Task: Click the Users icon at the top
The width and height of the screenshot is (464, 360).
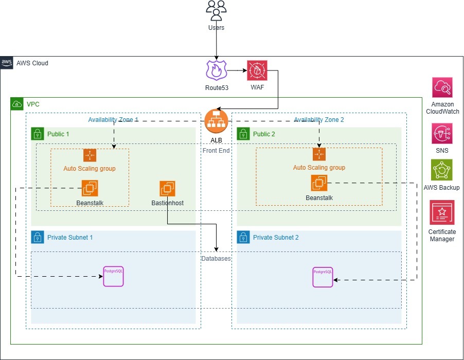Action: coord(216,11)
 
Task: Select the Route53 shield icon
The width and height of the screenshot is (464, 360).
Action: coord(216,70)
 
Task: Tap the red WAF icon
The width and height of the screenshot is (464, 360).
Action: coord(257,70)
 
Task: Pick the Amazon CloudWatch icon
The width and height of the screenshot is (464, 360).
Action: coord(442,87)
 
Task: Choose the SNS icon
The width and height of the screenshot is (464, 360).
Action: coord(442,134)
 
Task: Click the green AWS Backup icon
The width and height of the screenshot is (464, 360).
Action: coord(442,170)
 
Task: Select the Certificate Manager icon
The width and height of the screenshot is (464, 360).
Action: coord(442,212)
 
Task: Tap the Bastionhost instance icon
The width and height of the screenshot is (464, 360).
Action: coord(168,189)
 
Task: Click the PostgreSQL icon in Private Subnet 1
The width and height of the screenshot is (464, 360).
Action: coord(113,276)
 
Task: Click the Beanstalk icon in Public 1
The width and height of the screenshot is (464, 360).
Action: coord(90,188)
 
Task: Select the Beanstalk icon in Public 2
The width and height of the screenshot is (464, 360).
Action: coord(319,183)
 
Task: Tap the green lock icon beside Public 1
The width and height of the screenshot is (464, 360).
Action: coord(38,134)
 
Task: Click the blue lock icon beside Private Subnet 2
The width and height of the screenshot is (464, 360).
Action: coord(243,237)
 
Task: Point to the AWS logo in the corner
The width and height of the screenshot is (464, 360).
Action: coord(7,63)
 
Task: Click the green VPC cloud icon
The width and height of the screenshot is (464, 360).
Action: coord(17,104)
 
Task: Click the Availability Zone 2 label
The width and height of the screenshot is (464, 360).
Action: coord(318,120)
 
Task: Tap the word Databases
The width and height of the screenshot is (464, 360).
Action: coord(216,258)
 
